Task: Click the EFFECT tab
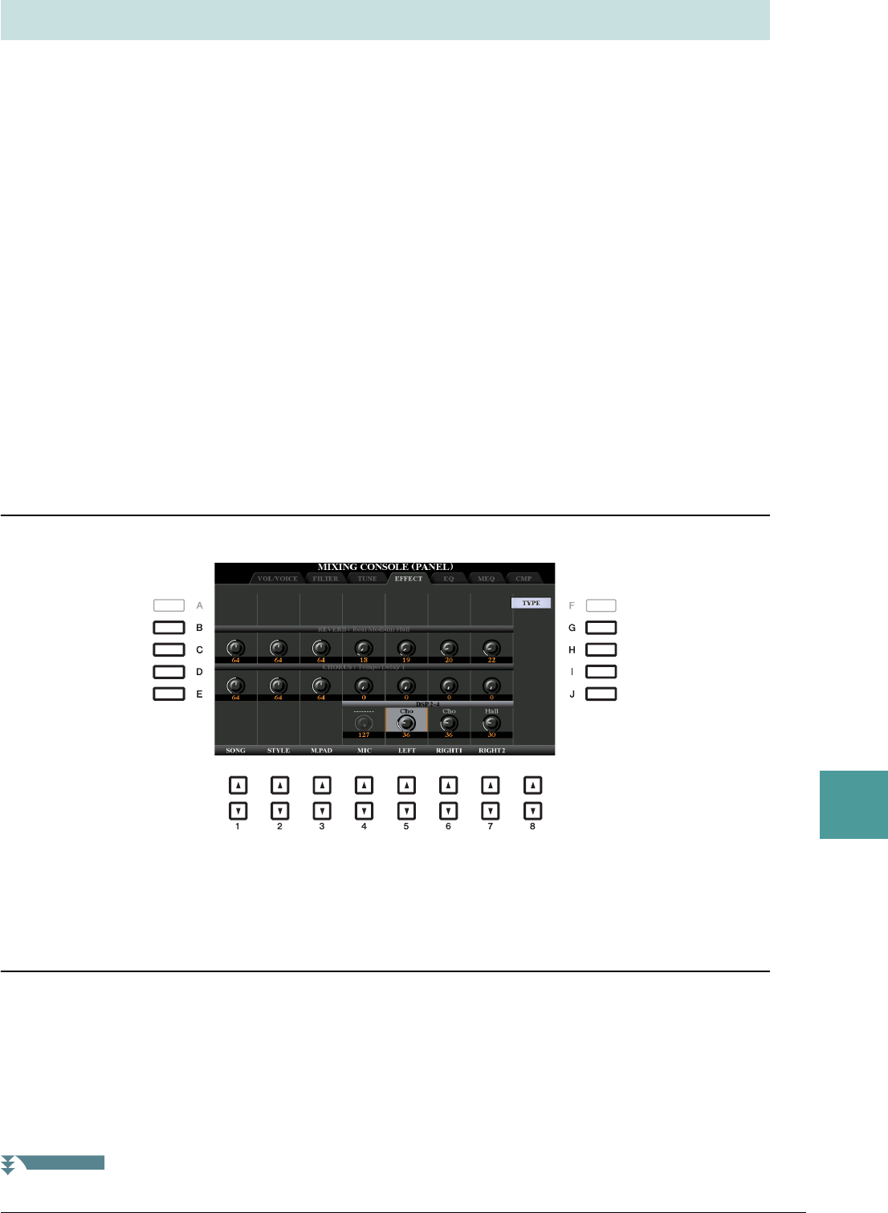point(408,578)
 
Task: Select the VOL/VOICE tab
point(278,578)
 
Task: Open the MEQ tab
point(486,578)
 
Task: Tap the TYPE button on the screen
point(531,603)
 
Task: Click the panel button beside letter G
point(601,628)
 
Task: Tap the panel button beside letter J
point(601,694)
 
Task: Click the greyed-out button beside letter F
point(601,606)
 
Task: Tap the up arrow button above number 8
point(532,785)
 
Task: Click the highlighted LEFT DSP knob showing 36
point(406,723)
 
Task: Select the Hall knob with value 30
point(491,723)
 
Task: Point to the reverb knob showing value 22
point(491,648)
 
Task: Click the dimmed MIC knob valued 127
point(364,723)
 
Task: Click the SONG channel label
point(236,751)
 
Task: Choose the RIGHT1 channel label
point(449,751)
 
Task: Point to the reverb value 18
point(364,660)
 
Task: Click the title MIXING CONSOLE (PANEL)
point(385,568)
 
